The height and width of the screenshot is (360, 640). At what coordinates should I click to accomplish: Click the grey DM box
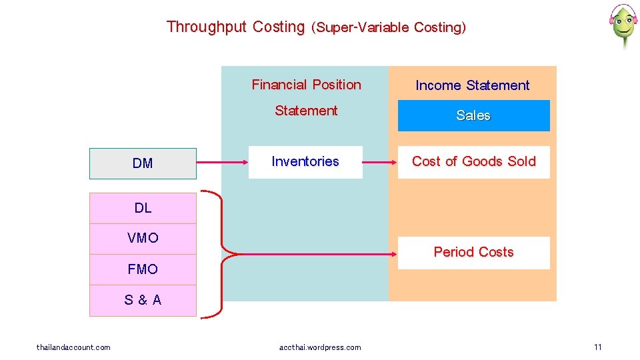coord(143,163)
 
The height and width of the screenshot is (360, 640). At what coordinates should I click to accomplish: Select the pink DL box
coord(143,208)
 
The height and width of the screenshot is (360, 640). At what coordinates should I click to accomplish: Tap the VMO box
coord(143,238)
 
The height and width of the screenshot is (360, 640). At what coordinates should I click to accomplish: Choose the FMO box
coord(143,269)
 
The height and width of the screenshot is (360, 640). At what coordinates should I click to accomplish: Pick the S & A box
coord(143,300)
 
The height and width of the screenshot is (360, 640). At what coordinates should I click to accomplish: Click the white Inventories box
coord(305,162)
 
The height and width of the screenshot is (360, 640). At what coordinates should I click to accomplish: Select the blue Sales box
coord(473,115)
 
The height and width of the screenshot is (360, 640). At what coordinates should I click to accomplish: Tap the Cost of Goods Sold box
coord(473,162)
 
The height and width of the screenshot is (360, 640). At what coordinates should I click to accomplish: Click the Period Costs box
coord(473,253)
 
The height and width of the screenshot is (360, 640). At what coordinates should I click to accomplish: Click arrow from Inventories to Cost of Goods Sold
coord(380,162)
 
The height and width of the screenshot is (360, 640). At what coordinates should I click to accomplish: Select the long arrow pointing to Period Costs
coord(313,253)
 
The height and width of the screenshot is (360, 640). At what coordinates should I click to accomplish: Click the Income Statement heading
coord(472,85)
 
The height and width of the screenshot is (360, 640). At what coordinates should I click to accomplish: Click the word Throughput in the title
coord(207,27)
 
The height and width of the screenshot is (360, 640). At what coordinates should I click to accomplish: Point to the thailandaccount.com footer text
coord(73,347)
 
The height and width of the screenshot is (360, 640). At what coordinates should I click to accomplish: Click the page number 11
coord(597,347)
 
